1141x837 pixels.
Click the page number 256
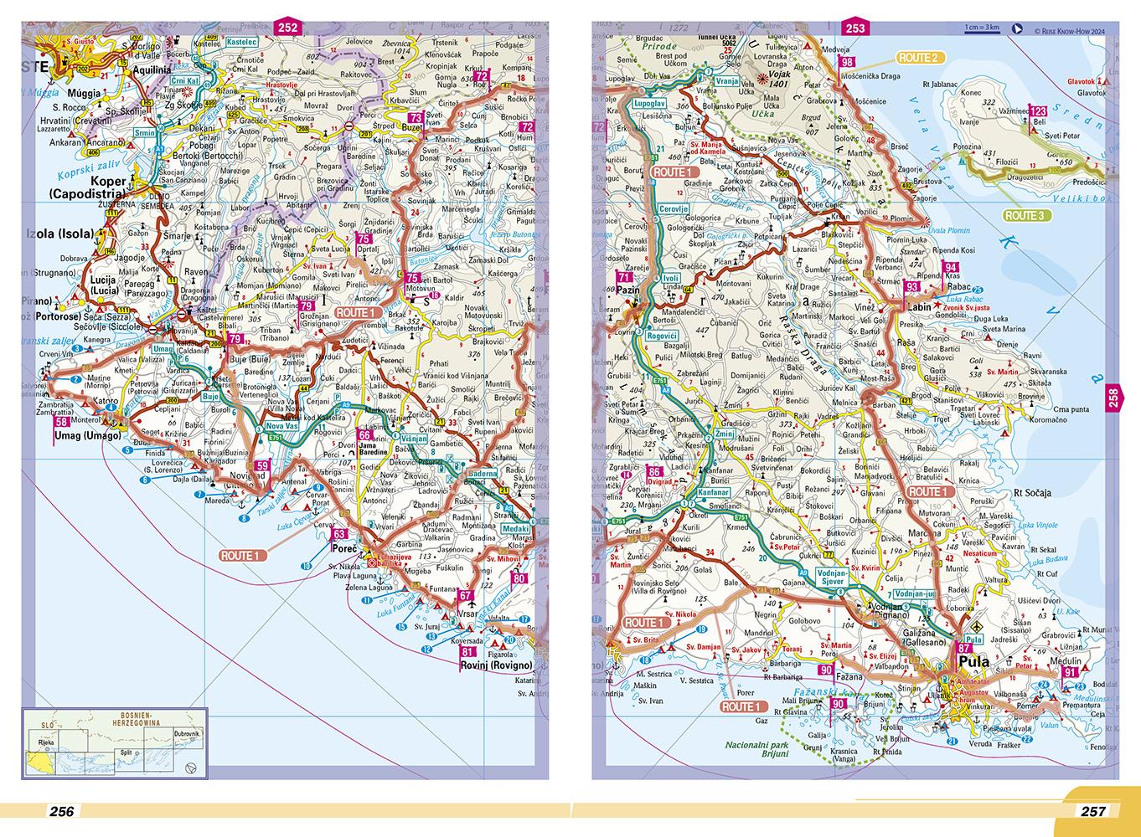(63, 810)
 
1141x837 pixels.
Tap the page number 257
(1093, 810)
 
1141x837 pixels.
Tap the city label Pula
(973, 662)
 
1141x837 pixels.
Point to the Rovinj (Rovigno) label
(496, 665)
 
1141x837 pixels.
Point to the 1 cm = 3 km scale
(981, 27)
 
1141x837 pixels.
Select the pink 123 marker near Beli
(1038, 111)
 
